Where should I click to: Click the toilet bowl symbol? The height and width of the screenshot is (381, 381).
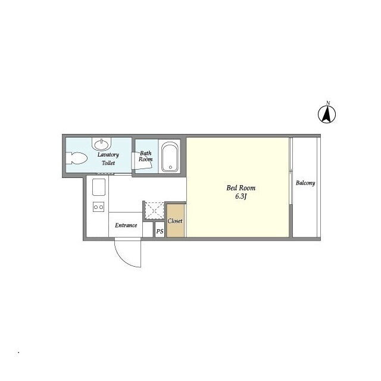click(76, 158)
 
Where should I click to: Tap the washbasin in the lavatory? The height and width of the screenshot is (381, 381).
click(101, 144)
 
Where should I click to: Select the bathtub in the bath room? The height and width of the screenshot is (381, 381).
click(170, 157)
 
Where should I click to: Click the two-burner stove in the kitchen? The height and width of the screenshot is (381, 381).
click(99, 207)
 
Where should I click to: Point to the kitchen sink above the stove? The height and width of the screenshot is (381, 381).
click(99, 187)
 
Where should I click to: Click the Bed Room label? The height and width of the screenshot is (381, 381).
click(241, 188)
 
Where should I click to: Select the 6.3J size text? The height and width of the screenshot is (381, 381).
click(241, 196)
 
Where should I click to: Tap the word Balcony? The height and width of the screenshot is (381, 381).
click(305, 183)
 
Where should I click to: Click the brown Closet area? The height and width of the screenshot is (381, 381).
click(176, 220)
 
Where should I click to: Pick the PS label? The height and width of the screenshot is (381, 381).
click(160, 232)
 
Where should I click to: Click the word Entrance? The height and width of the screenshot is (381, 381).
click(126, 225)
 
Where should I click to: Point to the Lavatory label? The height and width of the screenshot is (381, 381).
click(108, 155)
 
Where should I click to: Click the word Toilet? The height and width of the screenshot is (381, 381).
click(108, 163)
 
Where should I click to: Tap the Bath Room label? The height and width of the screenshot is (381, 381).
click(145, 156)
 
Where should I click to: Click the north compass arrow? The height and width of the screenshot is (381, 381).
click(327, 114)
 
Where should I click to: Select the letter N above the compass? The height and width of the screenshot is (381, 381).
click(328, 103)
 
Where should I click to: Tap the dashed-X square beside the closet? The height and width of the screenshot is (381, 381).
click(154, 210)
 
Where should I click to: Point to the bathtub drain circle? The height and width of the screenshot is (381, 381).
click(170, 167)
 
